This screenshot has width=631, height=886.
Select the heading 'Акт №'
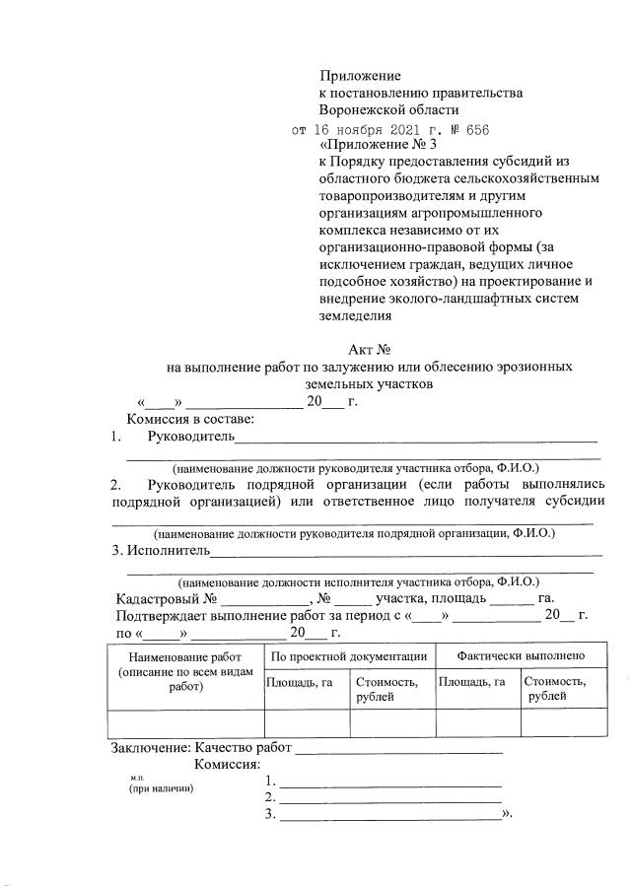[371, 349]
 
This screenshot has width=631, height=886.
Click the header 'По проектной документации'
[348, 655]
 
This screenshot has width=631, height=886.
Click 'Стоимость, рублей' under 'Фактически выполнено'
[555, 688]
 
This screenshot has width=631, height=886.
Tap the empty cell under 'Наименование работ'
[185, 723]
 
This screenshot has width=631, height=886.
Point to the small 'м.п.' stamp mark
[137, 777]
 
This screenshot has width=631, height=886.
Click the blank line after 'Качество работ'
[398, 751]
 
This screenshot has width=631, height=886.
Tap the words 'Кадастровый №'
[166, 598]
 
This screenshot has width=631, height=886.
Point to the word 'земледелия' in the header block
[355, 316]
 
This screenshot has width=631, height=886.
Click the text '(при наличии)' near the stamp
[161, 789]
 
